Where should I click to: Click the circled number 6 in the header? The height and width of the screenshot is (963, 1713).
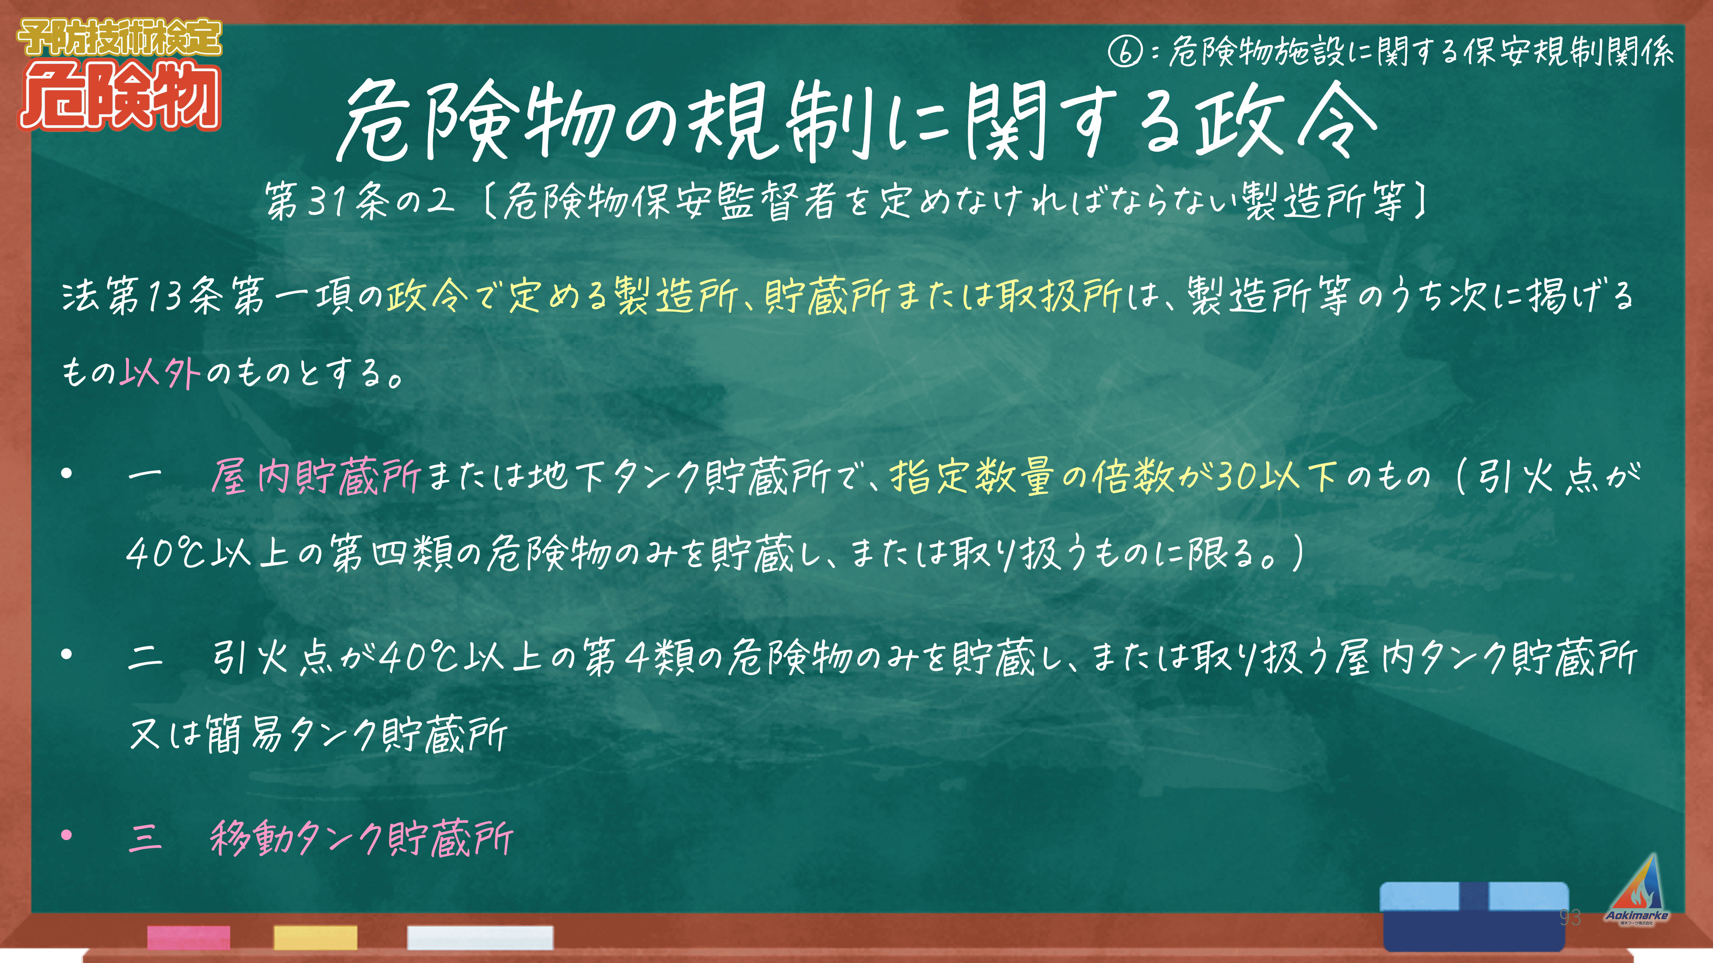1125,52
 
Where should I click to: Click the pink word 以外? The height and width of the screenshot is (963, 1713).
160,372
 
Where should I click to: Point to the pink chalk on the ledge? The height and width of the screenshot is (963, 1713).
189,937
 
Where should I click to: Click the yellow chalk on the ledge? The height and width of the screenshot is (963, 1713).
315,937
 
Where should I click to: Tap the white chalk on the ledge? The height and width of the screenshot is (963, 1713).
480,937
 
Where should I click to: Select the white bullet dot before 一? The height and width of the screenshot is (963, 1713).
67,474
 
